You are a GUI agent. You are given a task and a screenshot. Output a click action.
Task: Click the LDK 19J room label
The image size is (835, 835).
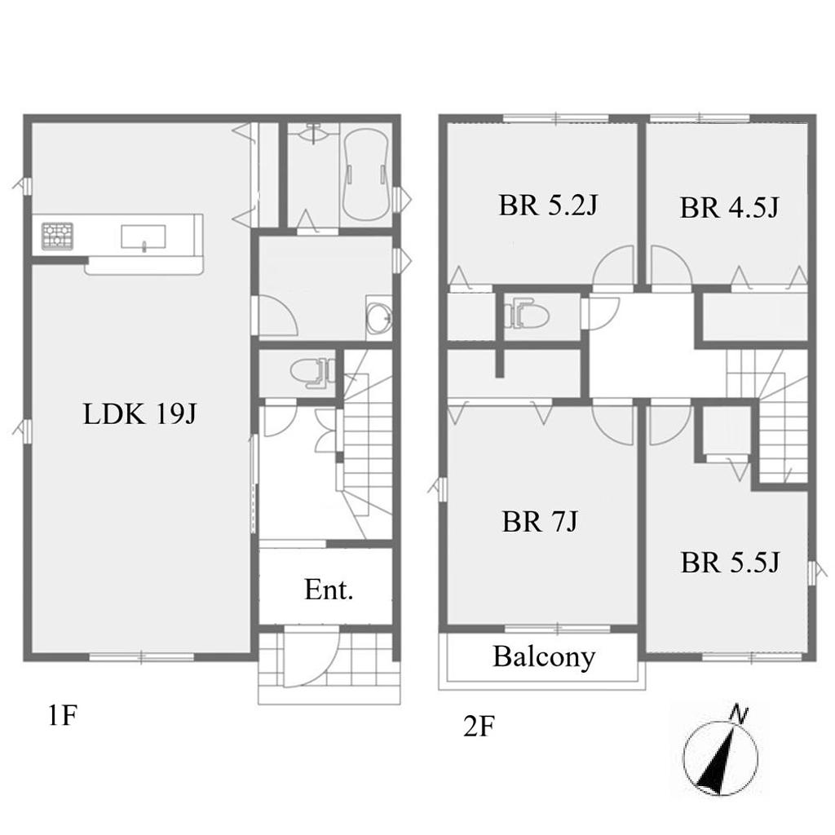coord(140,413)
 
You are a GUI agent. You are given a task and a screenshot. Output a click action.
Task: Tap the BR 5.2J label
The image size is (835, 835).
coord(548,205)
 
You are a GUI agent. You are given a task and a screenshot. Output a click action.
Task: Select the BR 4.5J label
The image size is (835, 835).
coord(729,208)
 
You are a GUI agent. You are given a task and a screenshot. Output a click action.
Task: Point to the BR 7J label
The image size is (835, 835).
coord(540,521)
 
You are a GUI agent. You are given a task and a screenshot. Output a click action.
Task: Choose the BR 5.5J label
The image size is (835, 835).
coord(730,563)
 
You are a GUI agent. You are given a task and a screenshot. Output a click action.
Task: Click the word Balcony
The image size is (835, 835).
coord(544,658)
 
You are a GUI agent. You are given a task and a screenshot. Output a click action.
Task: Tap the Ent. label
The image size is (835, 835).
coord(329,590)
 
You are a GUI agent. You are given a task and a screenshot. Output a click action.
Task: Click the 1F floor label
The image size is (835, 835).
coord(62,715)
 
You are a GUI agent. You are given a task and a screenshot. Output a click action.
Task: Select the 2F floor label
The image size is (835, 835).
coord(479,726)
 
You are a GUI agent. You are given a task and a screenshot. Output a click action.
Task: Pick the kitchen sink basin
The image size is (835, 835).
coord(144,236)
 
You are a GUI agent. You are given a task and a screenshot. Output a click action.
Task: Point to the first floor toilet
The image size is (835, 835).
coord(311,371)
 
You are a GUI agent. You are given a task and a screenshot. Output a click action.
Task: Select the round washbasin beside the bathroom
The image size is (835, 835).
coord(378,316)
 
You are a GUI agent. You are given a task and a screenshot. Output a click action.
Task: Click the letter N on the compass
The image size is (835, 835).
coord(739,713)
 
